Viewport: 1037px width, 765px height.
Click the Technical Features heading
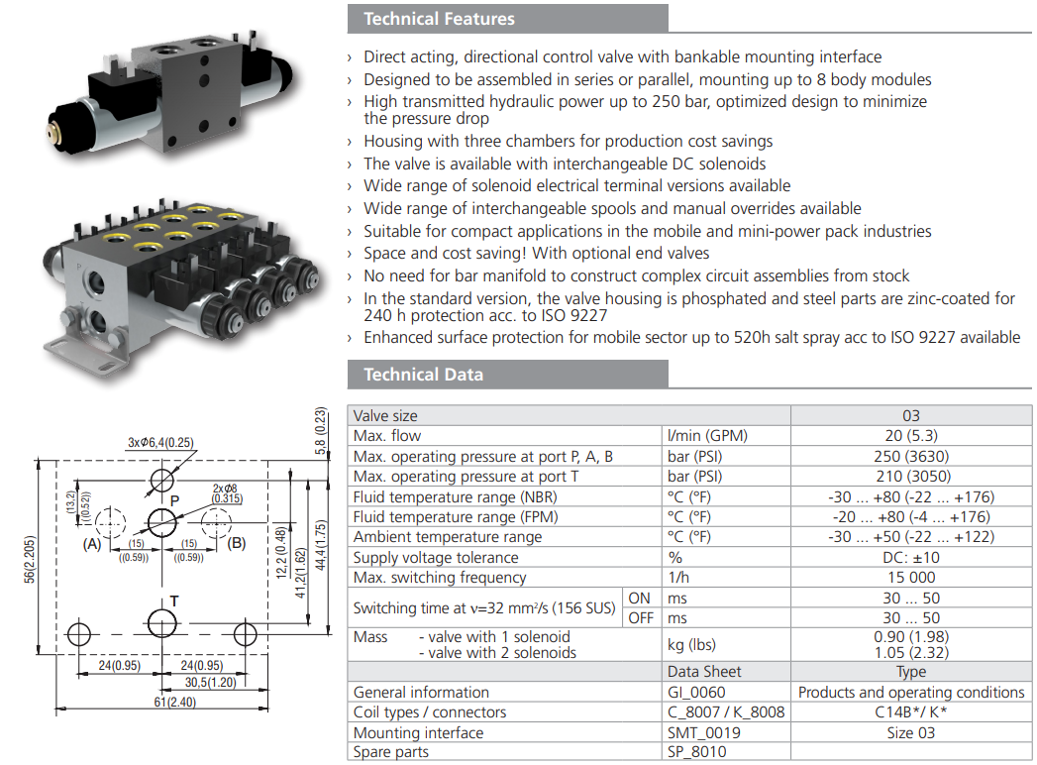(x=439, y=19)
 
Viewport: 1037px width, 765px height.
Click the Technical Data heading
(x=423, y=374)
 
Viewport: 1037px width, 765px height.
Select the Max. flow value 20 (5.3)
(x=910, y=435)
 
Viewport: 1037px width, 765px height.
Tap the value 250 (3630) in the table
(x=910, y=456)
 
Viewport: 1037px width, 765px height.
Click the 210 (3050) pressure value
(x=910, y=476)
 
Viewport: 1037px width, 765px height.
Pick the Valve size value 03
(x=910, y=415)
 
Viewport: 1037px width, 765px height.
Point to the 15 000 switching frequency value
(x=910, y=577)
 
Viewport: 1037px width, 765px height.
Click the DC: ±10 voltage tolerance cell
(x=910, y=557)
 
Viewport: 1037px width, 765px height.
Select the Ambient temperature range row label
(x=448, y=537)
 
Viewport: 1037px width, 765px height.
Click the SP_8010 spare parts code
(x=697, y=752)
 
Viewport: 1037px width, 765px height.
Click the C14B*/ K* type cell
(x=910, y=711)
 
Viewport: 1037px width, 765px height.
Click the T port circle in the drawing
(x=161, y=622)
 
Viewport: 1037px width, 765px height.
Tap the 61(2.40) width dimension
(x=160, y=701)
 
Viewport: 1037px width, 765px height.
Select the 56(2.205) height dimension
(x=31, y=554)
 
